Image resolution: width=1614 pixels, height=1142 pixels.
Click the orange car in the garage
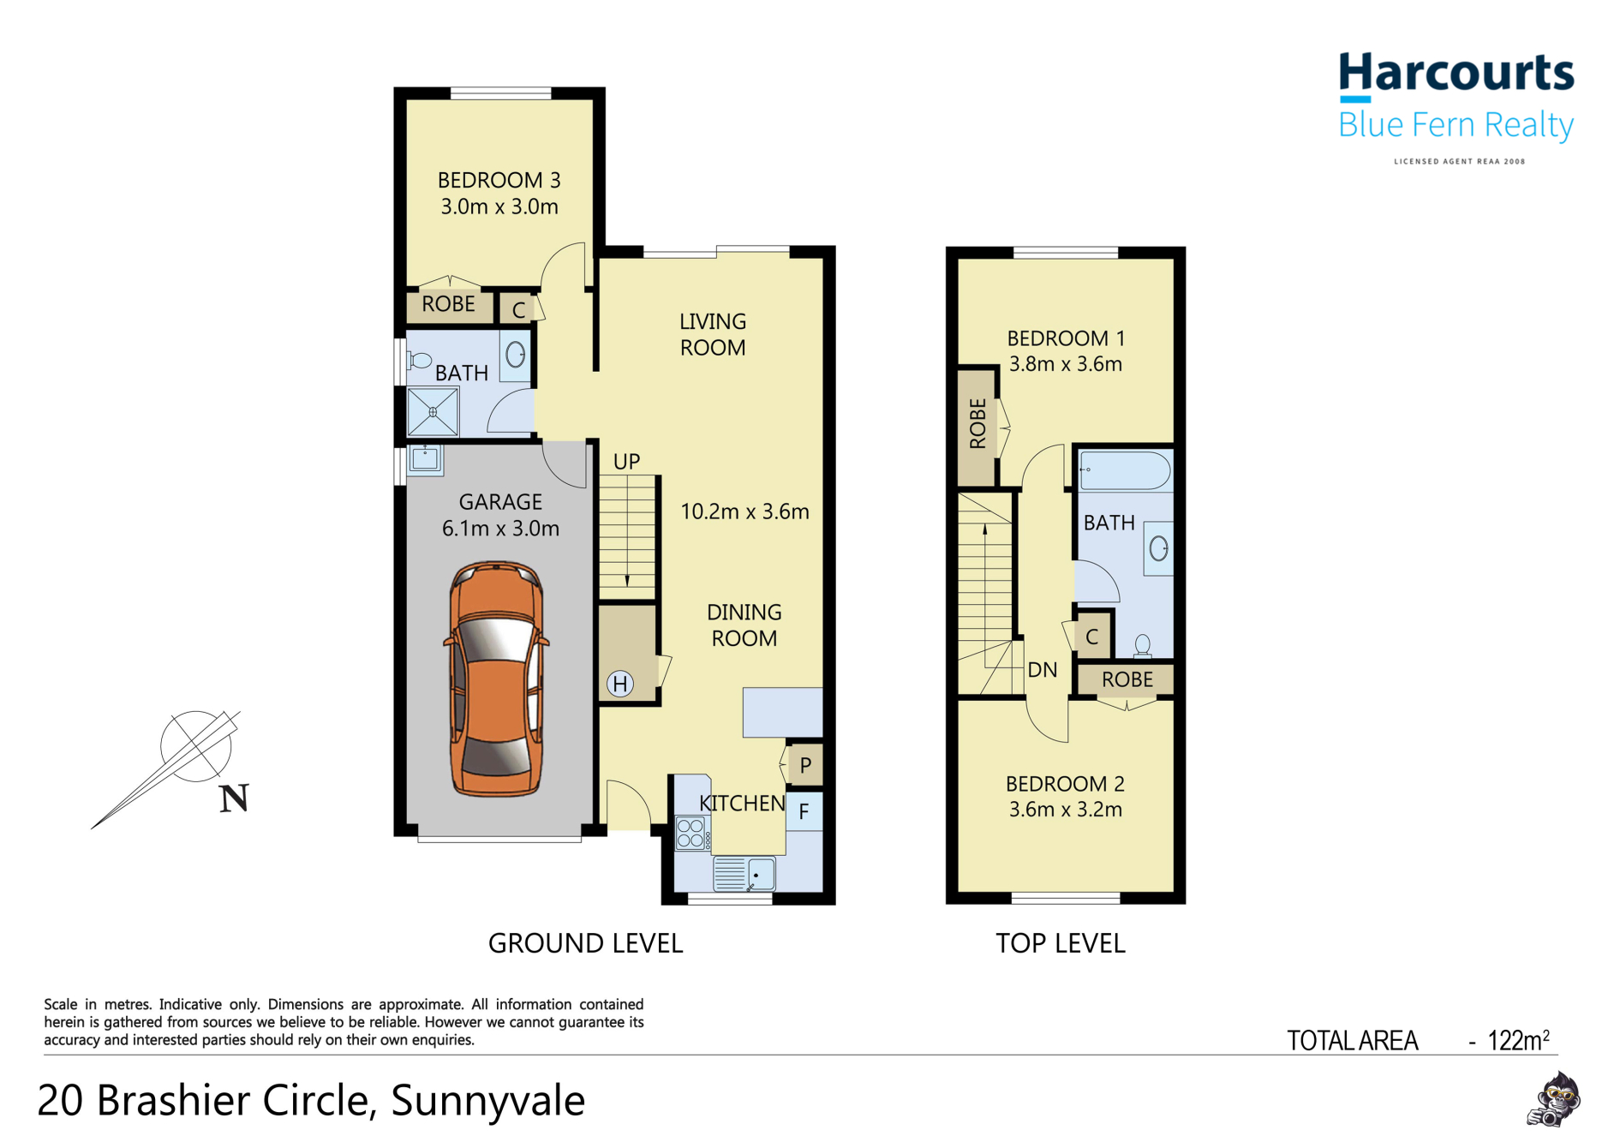[496, 679]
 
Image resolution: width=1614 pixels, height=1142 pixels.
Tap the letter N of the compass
[233, 798]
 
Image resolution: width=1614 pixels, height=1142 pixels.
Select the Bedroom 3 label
[499, 181]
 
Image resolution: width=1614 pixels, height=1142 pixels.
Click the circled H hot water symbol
[620, 684]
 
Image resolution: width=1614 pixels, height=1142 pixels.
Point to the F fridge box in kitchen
[804, 811]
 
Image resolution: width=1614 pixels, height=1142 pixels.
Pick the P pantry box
[805, 765]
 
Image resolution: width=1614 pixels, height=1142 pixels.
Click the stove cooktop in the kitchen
[690, 834]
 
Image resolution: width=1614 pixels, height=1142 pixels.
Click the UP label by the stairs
[626, 462]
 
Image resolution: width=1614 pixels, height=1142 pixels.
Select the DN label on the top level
[1042, 670]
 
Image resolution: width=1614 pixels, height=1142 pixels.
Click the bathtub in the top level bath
[1124, 471]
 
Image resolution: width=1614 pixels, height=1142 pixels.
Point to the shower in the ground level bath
[433, 412]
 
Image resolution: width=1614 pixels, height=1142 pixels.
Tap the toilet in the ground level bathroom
[419, 361]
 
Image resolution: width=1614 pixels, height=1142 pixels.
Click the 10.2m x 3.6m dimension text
[744, 511]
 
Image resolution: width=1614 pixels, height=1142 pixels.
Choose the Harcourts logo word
[1456, 74]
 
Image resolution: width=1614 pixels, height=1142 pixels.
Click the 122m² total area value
[1518, 1040]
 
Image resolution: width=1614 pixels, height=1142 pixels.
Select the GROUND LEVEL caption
[585, 943]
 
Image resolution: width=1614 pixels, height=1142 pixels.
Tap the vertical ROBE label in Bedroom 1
[977, 424]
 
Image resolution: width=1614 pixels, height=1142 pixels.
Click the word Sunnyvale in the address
[487, 1100]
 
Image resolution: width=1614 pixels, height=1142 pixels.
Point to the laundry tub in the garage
[425, 458]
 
